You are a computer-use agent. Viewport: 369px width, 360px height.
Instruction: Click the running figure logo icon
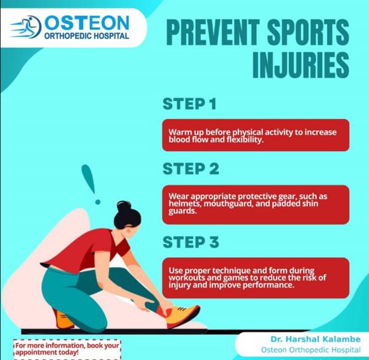(x=26, y=27)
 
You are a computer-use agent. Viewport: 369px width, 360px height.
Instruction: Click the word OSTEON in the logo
(x=87, y=23)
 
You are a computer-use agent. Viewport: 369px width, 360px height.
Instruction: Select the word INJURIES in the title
(x=301, y=65)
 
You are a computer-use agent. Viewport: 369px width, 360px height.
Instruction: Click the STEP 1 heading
(x=190, y=104)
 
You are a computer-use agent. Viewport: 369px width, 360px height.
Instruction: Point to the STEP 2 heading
(x=191, y=168)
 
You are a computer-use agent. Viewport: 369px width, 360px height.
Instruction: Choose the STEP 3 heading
(x=191, y=242)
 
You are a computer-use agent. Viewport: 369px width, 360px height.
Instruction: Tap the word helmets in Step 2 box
(x=185, y=203)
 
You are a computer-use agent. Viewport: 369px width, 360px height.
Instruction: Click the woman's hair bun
(x=124, y=207)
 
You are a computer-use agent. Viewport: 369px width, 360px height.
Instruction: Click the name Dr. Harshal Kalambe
(x=315, y=339)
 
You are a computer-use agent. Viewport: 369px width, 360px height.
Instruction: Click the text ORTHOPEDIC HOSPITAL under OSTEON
(x=87, y=36)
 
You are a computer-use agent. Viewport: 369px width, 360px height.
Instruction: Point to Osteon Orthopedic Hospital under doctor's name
(x=311, y=350)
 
